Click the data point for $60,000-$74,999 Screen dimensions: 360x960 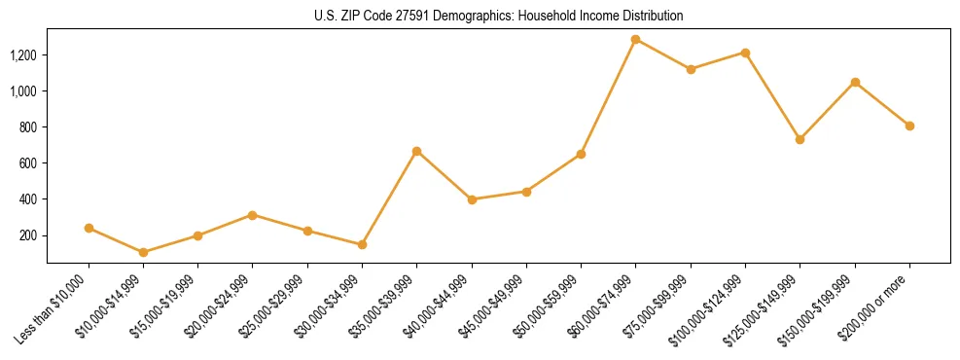(636, 40)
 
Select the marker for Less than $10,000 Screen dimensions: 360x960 (89, 228)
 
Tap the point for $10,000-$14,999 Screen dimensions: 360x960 (144, 252)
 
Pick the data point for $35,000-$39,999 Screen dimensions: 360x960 (417, 151)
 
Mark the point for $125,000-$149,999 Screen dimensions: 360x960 (800, 139)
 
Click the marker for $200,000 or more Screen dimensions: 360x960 (909, 126)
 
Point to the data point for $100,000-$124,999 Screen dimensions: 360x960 (745, 53)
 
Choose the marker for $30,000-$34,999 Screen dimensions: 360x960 (362, 244)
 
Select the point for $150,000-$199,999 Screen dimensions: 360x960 (855, 82)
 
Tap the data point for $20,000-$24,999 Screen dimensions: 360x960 (253, 215)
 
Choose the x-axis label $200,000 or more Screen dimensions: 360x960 (878, 304)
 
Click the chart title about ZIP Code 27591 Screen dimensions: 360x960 (498, 17)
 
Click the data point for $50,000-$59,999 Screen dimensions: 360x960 (581, 154)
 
